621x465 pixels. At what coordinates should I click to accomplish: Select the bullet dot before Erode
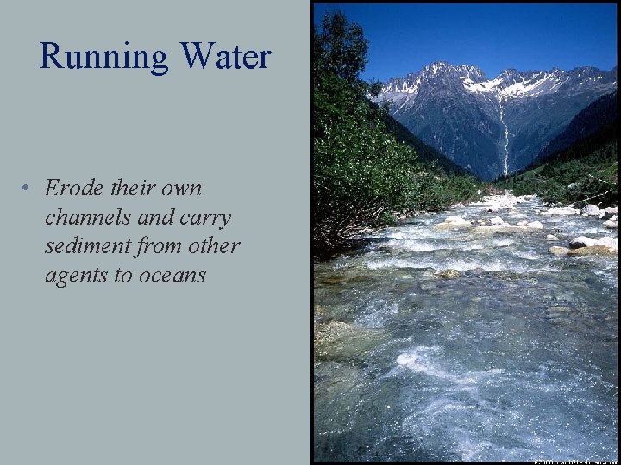coord(28,189)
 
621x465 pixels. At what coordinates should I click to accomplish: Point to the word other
coord(215,246)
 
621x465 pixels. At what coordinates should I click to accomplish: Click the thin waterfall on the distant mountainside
coord(503,138)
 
